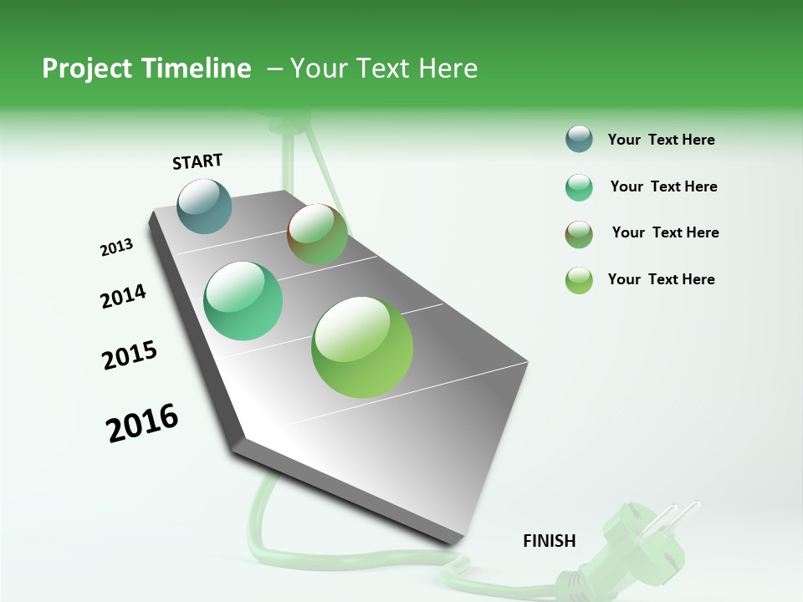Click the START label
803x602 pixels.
click(197, 161)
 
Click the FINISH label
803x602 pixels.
click(549, 541)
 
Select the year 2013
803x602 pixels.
click(116, 247)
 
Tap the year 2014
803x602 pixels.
click(123, 296)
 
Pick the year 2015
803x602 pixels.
click(130, 355)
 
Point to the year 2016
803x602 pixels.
click(142, 423)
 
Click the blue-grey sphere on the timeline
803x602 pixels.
click(205, 206)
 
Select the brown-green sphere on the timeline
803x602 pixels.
click(317, 234)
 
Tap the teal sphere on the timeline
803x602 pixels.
click(243, 301)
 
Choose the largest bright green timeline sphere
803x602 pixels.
click(362, 347)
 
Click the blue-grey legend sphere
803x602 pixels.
click(579, 140)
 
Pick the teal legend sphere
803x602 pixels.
click(579, 187)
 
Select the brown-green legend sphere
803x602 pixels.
click(579, 234)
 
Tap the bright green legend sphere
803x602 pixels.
click(579, 280)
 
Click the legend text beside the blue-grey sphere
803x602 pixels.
click(661, 140)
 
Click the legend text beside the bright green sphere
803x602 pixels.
click(661, 279)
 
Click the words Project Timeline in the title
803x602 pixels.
click(146, 69)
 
